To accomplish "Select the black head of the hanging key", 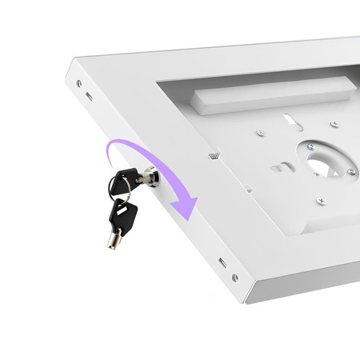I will (122, 213).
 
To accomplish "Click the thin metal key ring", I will (127, 192).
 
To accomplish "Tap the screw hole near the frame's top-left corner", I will (78, 82).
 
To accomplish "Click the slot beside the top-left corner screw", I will (89, 96).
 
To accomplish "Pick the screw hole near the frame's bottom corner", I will (234, 278).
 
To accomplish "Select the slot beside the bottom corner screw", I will (222, 262).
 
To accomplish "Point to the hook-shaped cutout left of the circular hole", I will (282, 166).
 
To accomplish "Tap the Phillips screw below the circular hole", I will (321, 201).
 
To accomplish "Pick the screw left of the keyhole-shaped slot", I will (259, 134).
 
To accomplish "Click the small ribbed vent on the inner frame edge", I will (213, 156).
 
